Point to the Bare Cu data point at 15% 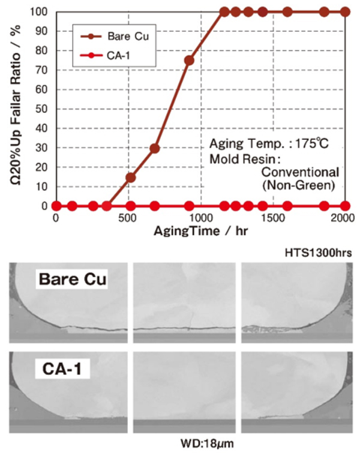point(130,177)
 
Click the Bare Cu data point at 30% point(154,148)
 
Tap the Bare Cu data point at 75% point(189,60)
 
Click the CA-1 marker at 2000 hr point(345,206)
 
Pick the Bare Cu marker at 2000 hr point(345,11)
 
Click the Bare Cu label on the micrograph point(71,280)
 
